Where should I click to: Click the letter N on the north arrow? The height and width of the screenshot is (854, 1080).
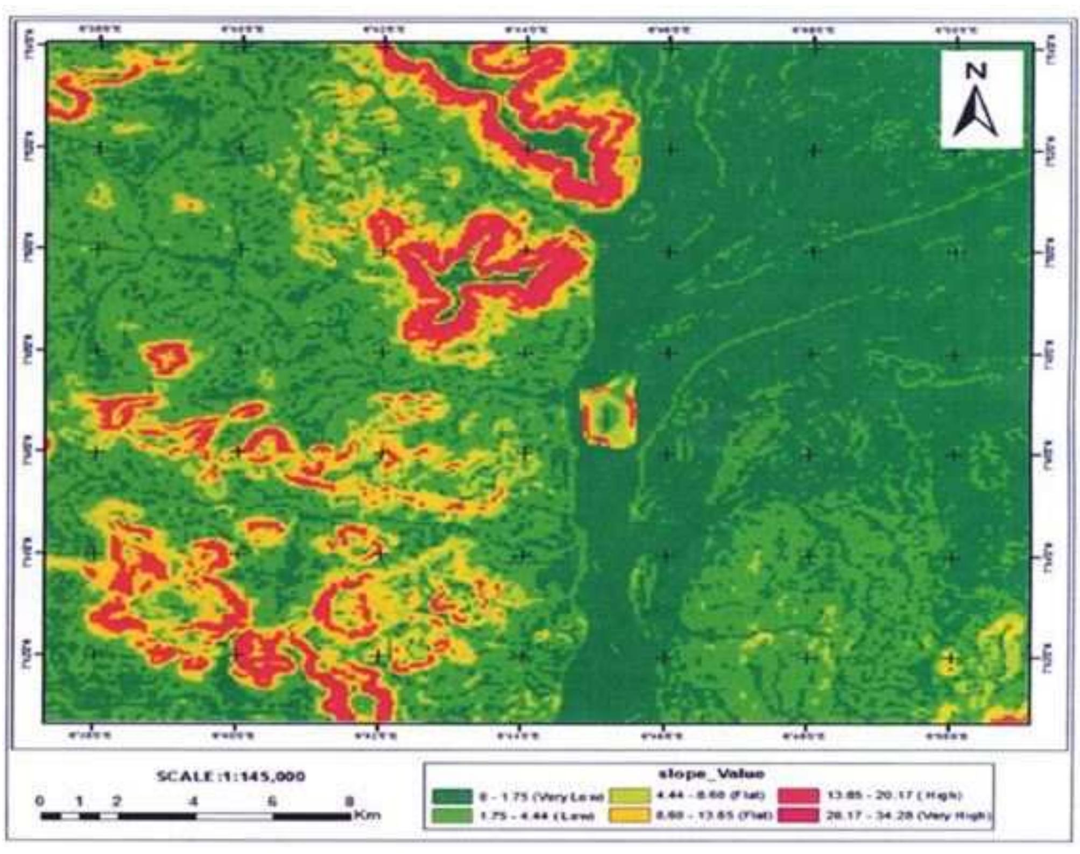976,71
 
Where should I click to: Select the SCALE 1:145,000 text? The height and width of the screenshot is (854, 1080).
231,776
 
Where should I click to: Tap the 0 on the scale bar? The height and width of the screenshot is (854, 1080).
39,801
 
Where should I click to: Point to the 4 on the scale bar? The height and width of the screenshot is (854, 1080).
193,801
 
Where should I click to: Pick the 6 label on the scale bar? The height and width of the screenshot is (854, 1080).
272,801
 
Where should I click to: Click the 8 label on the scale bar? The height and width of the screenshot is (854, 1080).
349,801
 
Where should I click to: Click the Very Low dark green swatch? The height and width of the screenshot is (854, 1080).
452,796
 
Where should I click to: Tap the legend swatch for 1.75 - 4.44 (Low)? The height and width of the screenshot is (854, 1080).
452,815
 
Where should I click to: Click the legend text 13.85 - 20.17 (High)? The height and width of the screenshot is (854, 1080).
893,795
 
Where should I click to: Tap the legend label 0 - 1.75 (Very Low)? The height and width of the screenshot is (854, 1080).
541,796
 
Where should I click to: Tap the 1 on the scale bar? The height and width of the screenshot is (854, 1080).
80,801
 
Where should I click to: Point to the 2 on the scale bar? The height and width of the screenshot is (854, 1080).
117,801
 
